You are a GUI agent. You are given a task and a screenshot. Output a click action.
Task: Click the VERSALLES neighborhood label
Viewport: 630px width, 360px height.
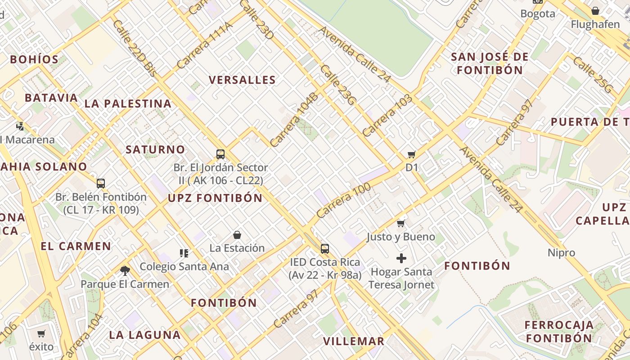click(x=242, y=80)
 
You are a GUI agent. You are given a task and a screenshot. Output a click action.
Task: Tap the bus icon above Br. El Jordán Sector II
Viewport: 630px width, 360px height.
click(x=220, y=154)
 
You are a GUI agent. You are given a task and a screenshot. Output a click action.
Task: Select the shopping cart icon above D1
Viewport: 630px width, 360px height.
click(x=411, y=155)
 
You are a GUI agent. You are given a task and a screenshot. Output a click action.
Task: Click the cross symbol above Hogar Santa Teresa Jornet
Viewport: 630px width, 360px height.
click(x=401, y=258)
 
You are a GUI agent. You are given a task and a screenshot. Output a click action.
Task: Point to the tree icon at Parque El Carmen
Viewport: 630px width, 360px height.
click(x=125, y=270)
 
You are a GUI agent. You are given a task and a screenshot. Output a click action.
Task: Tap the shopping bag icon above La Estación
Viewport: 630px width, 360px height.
click(x=237, y=235)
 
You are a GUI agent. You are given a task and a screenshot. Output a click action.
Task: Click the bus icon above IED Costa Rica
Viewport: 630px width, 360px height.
click(x=324, y=249)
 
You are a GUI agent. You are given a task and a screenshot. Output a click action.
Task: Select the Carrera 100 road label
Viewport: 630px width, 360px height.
click(x=343, y=201)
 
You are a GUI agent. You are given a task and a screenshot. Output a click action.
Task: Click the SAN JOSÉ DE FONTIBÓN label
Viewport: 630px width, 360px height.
click(x=490, y=63)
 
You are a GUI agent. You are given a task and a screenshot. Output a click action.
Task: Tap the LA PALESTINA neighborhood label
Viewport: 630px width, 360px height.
click(x=128, y=103)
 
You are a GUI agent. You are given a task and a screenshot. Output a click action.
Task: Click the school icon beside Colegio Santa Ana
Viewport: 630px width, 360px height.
click(x=184, y=253)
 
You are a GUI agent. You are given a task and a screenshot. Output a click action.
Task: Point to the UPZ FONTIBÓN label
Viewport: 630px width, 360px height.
click(x=215, y=198)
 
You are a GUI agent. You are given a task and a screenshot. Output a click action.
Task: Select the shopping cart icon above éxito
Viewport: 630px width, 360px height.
click(x=41, y=333)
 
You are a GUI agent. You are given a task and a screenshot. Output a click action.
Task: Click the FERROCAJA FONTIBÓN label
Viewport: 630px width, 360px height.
click(x=559, y=332)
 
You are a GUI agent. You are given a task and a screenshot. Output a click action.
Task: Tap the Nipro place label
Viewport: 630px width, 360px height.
click(x=561, y=253)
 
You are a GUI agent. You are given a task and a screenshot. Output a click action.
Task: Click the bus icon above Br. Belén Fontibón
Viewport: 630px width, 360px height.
click(x=101, y=184)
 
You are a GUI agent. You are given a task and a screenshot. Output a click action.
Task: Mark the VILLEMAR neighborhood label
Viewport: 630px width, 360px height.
click(x=354, y=341)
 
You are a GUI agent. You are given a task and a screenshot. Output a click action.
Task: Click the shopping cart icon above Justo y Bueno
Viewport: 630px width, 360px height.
click(x=400, y=223)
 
